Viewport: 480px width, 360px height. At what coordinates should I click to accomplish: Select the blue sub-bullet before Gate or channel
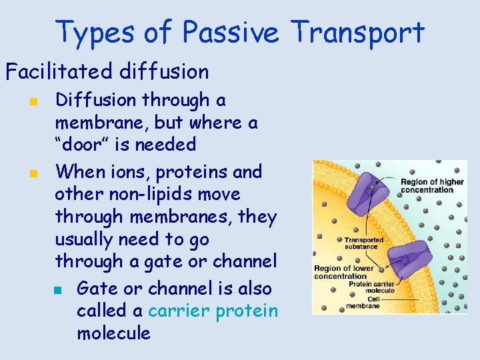click(x=58, y=290)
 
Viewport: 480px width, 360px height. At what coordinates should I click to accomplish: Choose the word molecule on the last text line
click(x=113, y=333)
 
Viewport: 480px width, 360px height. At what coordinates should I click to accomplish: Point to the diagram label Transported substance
click(x=363, y=243)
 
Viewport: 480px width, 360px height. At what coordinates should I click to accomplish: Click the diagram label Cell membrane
click(x=363, y=303)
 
